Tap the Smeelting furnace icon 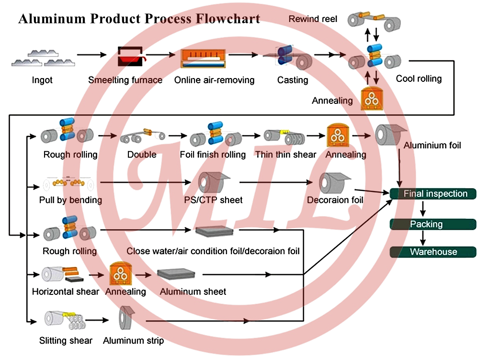coord(130,56)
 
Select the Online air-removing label coord(214,80)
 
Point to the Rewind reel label coord(313,19)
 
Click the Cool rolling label coord(418,79)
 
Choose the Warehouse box coord(433,252)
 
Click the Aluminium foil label coord(432,145)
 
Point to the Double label coord(142,155)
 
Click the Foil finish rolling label coord(213,155)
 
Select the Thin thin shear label coord(285,155)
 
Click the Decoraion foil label coord(335,200)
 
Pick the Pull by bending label coord(70,200)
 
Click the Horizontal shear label coord(66,292)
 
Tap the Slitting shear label coord(66,341)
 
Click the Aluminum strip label coord(133,341)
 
